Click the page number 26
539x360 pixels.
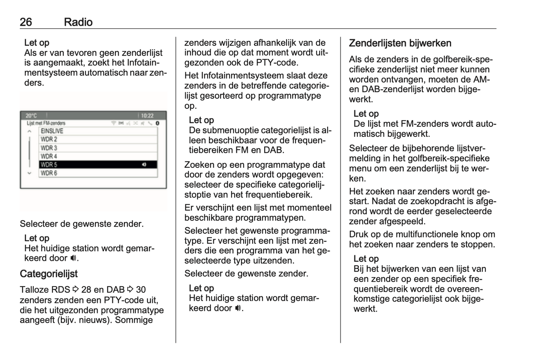point(26,22)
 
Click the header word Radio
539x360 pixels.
point(78,22)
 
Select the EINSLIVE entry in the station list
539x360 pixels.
point(52,131)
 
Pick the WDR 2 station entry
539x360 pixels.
point(49,139)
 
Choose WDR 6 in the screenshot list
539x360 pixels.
point(49,173)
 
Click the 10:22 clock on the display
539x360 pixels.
point(147,116)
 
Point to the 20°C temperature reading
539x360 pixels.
point(31,116)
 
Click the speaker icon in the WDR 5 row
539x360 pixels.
point(144,165)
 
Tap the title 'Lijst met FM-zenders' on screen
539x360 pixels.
point(46,123)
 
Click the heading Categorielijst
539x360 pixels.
point(48,274)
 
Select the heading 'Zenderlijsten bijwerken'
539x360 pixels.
point(400,43)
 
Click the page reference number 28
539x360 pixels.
point(86,290)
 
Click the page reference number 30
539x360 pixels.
point(141,290)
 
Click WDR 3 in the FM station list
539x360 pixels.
point(49,148)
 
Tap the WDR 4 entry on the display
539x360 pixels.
point(49,157)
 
